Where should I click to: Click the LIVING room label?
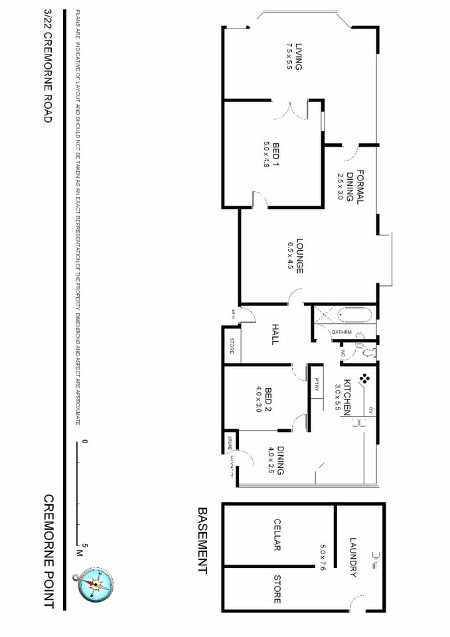pyautogui.click(x=299, y=57)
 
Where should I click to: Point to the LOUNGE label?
pyautogui.click(x=299, y=256)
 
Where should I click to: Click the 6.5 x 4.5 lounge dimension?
pyautogui.click(x=290, y=256)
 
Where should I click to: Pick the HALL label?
pyautogui.click(x=275, y=334)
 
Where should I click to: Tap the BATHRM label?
pyautogui.click(x=341, y=332)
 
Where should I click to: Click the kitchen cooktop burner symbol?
pyautogui.click(x=364, y=380)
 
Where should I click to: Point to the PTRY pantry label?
pyautogui.click(x=316, y=384)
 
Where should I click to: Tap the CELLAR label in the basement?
pyautogui.click(x=277, y=535)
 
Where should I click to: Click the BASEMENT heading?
pyautogui.click(x=202, y=540)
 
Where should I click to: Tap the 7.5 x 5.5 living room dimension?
pyautogui.click(x=289, y=57)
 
